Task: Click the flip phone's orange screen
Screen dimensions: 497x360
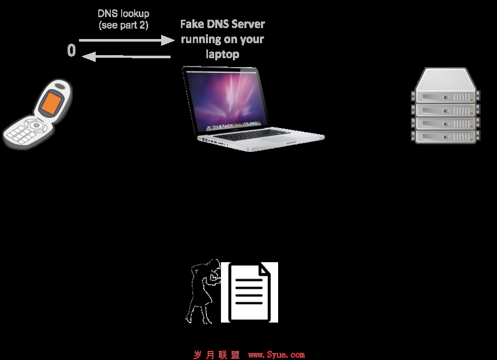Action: click(51, 103)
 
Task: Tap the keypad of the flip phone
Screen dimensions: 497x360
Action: click(21, 134)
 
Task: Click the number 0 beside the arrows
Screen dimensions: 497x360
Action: click(72, 50)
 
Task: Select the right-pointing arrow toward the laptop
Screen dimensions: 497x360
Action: click(126, 40)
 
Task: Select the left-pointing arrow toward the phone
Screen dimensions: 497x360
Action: click(126, 57)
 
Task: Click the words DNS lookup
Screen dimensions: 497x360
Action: click(123, 14)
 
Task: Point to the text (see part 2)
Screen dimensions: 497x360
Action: click(123, 25)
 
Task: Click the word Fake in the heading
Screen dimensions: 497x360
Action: click(192, 24)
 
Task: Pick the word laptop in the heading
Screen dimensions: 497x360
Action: click(223, 54)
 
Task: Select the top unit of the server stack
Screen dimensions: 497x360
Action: click(446, 96)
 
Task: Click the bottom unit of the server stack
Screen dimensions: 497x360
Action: click(446, 136)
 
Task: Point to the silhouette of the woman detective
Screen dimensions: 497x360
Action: click(203, 291)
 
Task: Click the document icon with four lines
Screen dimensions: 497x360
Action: click(250, 292)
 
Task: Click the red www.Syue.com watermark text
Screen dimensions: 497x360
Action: click(277, 355)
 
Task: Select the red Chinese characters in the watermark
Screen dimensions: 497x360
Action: click(216, 355)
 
